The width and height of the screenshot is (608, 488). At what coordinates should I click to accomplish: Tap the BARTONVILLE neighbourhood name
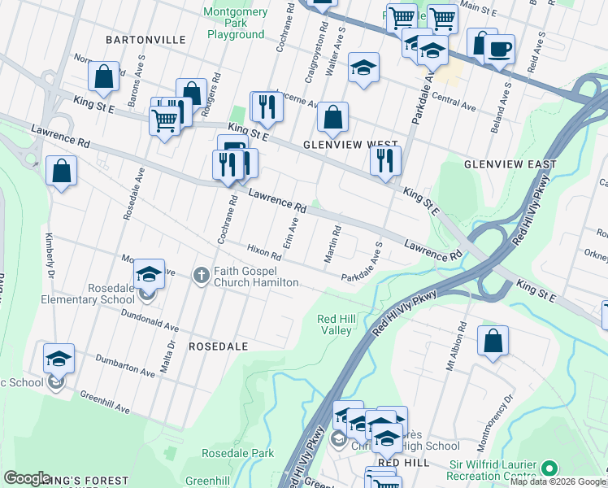click(145, 39)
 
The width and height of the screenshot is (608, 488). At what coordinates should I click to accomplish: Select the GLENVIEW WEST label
click(350, 144)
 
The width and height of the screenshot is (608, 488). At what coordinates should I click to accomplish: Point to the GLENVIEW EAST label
click(510, 164)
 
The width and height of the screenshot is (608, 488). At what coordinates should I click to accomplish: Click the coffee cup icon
click(499, 47)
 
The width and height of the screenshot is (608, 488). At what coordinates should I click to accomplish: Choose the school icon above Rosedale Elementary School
click(148, 274)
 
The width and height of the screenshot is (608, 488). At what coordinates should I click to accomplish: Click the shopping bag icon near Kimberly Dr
click(61, 172)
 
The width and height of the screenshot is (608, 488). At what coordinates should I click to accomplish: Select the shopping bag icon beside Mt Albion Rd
click(493, 342)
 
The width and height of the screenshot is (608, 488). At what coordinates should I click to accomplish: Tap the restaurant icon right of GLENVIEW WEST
click(386, 160)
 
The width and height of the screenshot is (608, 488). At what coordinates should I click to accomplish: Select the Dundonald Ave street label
click(150, 320)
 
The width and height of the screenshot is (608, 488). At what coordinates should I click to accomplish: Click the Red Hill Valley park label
click(334, 324)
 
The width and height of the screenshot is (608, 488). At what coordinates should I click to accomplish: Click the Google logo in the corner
click(27, 478)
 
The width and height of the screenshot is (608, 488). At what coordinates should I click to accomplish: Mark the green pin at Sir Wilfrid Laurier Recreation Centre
click(549, 468)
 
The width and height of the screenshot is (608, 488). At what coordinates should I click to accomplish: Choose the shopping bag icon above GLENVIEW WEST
click(332, 118)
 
